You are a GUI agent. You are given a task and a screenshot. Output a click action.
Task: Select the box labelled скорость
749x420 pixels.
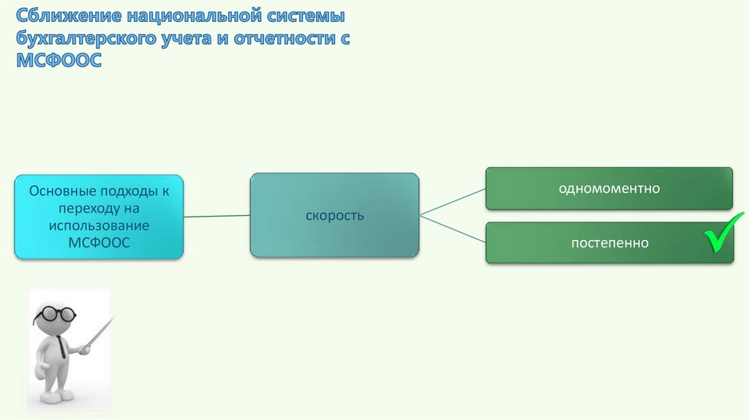(x=334, y=216)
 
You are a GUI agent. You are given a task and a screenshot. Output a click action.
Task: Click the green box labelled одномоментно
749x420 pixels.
(x=609, y=188)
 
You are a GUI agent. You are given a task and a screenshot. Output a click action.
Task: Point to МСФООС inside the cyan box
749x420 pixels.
(x=99, y=242)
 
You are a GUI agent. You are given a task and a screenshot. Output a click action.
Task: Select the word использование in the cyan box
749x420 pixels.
(x=99, y=225)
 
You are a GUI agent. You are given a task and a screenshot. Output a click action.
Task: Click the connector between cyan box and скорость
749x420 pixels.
(x=217, y=216)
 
